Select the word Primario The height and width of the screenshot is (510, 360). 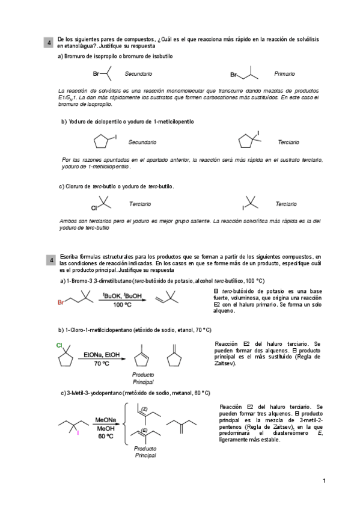tap(284, 73)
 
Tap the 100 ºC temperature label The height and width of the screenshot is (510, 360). tap(122, 304)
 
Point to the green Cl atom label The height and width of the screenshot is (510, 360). tap(59, 345)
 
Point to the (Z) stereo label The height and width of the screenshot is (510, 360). tap(145, 409)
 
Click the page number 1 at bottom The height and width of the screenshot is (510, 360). tap(323, 481)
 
